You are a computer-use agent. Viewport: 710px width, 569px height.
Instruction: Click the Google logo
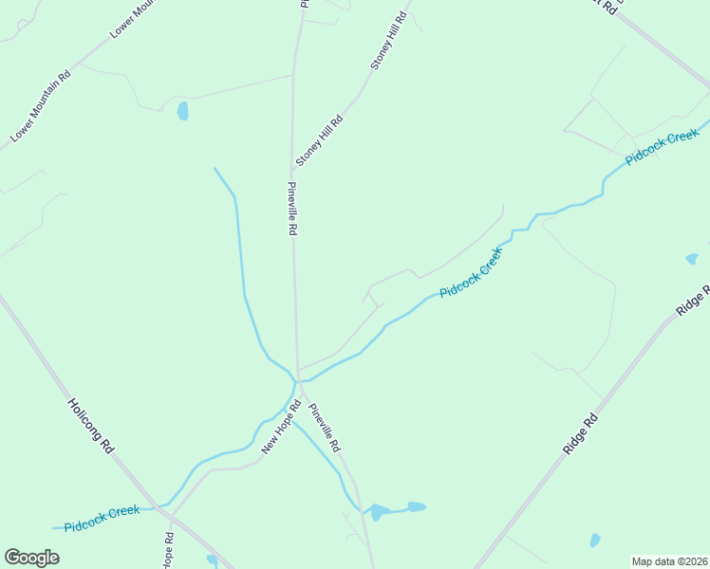(x=31, y=558)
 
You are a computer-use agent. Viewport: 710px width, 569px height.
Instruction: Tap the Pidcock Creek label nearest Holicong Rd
(x=103, y=519)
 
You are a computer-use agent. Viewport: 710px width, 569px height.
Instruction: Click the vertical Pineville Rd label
(x=293, y=209)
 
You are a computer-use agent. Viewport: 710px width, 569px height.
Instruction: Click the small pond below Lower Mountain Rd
(x=182, y=112)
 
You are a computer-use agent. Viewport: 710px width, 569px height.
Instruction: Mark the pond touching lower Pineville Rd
(x=378, y=512)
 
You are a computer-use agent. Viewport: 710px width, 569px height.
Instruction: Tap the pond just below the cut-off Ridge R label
(x=692, y=258)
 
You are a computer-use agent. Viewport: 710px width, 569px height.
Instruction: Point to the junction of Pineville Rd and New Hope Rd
(x=299, y=381)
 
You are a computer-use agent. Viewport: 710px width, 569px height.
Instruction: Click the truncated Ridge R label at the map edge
(x=693, y=301)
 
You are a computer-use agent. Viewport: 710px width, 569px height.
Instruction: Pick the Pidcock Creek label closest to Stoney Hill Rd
(x=469, y=273)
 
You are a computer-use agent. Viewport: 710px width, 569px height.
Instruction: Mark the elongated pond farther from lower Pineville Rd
(x=417, y=506)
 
